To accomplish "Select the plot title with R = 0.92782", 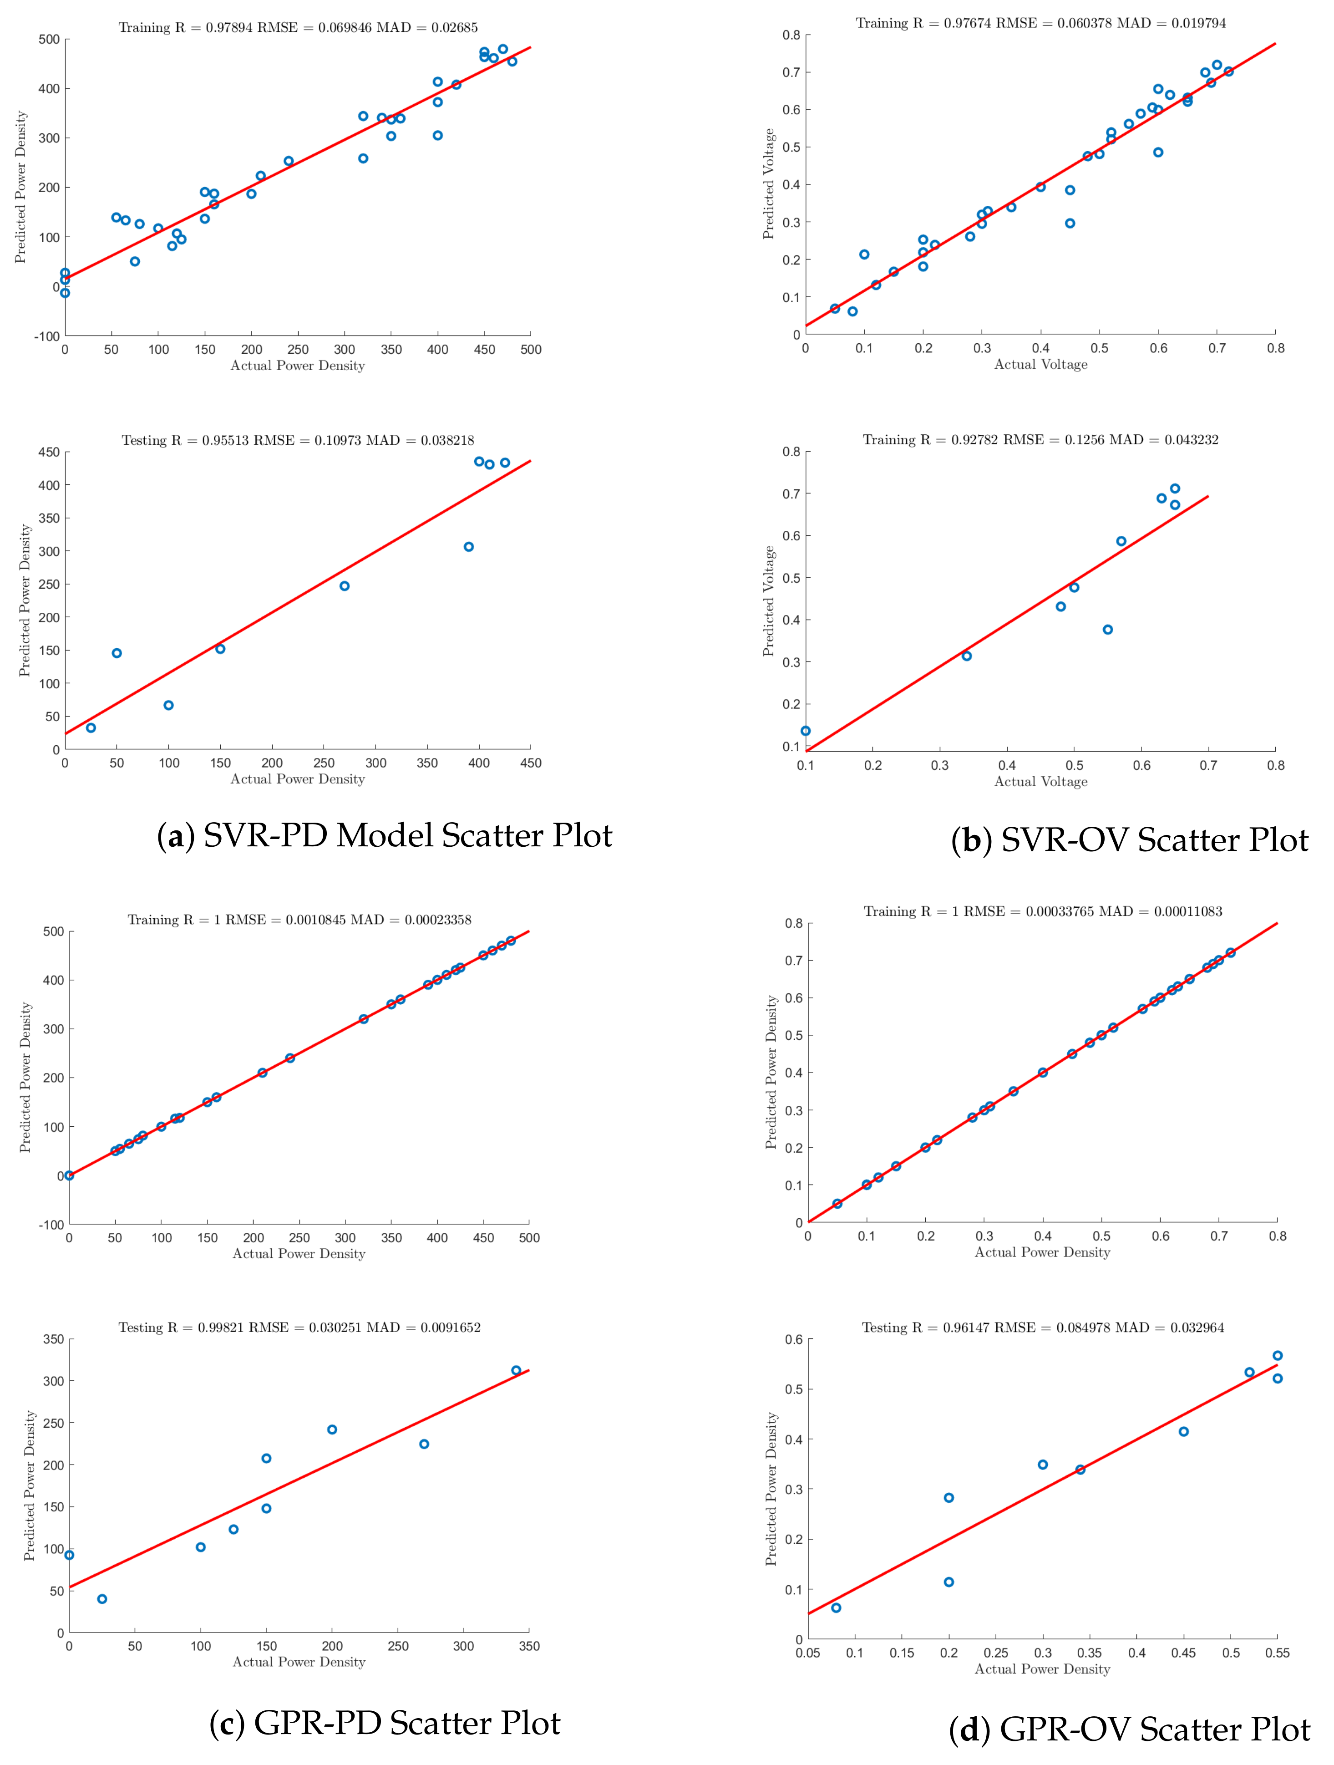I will click(1040, 440).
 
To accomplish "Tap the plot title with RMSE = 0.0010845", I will click(299, 919).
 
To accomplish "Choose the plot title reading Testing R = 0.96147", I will click(1043, 1327).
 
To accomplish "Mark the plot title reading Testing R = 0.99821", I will click(299, 1327).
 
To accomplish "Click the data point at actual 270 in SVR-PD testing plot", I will click(345, 585).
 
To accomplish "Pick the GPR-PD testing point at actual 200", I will click(332, 1429).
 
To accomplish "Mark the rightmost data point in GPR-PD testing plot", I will click(516, 1370).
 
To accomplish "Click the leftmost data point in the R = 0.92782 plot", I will click(806, 730).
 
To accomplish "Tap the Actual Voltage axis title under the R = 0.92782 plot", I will click(1040, 782).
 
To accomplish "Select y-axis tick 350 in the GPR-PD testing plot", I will click(53, 1340).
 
